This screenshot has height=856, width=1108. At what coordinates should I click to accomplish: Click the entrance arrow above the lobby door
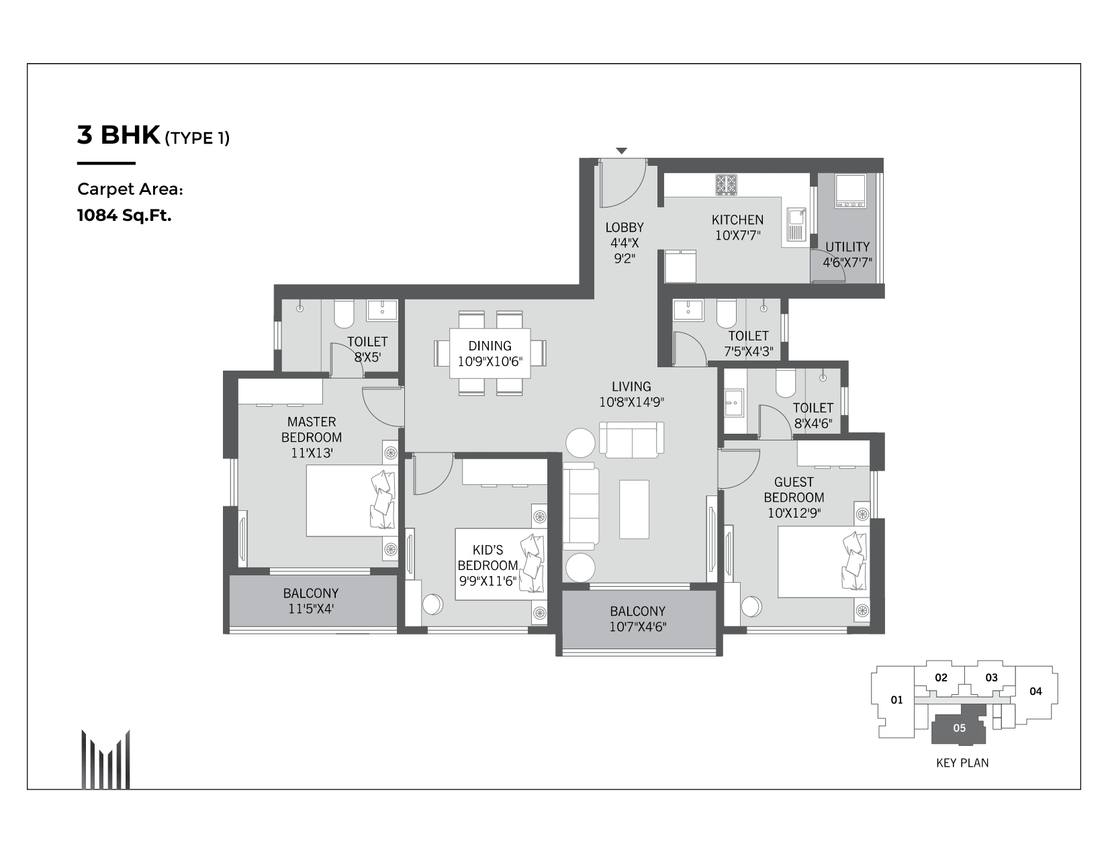point(622,151)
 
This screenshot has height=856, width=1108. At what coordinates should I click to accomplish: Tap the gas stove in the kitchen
point(726,185)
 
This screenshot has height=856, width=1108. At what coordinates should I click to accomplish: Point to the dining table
point(490,354)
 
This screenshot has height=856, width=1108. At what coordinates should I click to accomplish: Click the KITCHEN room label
point(737,220)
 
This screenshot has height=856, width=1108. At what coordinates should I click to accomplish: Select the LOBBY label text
point(624,228)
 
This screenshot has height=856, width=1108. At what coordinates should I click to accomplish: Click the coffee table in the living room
point(634,509)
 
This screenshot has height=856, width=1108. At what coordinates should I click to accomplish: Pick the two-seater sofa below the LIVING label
point(631,440)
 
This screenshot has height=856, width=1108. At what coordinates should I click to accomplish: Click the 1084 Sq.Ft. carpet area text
point(124,216)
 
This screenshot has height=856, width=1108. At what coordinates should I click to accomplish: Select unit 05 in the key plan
point(959,728)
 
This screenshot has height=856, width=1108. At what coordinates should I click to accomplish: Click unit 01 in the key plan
point(896,700)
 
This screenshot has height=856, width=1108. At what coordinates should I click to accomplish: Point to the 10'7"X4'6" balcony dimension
point(637,627)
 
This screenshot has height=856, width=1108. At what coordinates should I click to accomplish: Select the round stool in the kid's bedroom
point(433,604)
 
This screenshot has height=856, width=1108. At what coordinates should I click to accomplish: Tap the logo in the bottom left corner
point(105,759)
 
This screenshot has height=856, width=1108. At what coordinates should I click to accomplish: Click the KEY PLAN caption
point(962,763)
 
